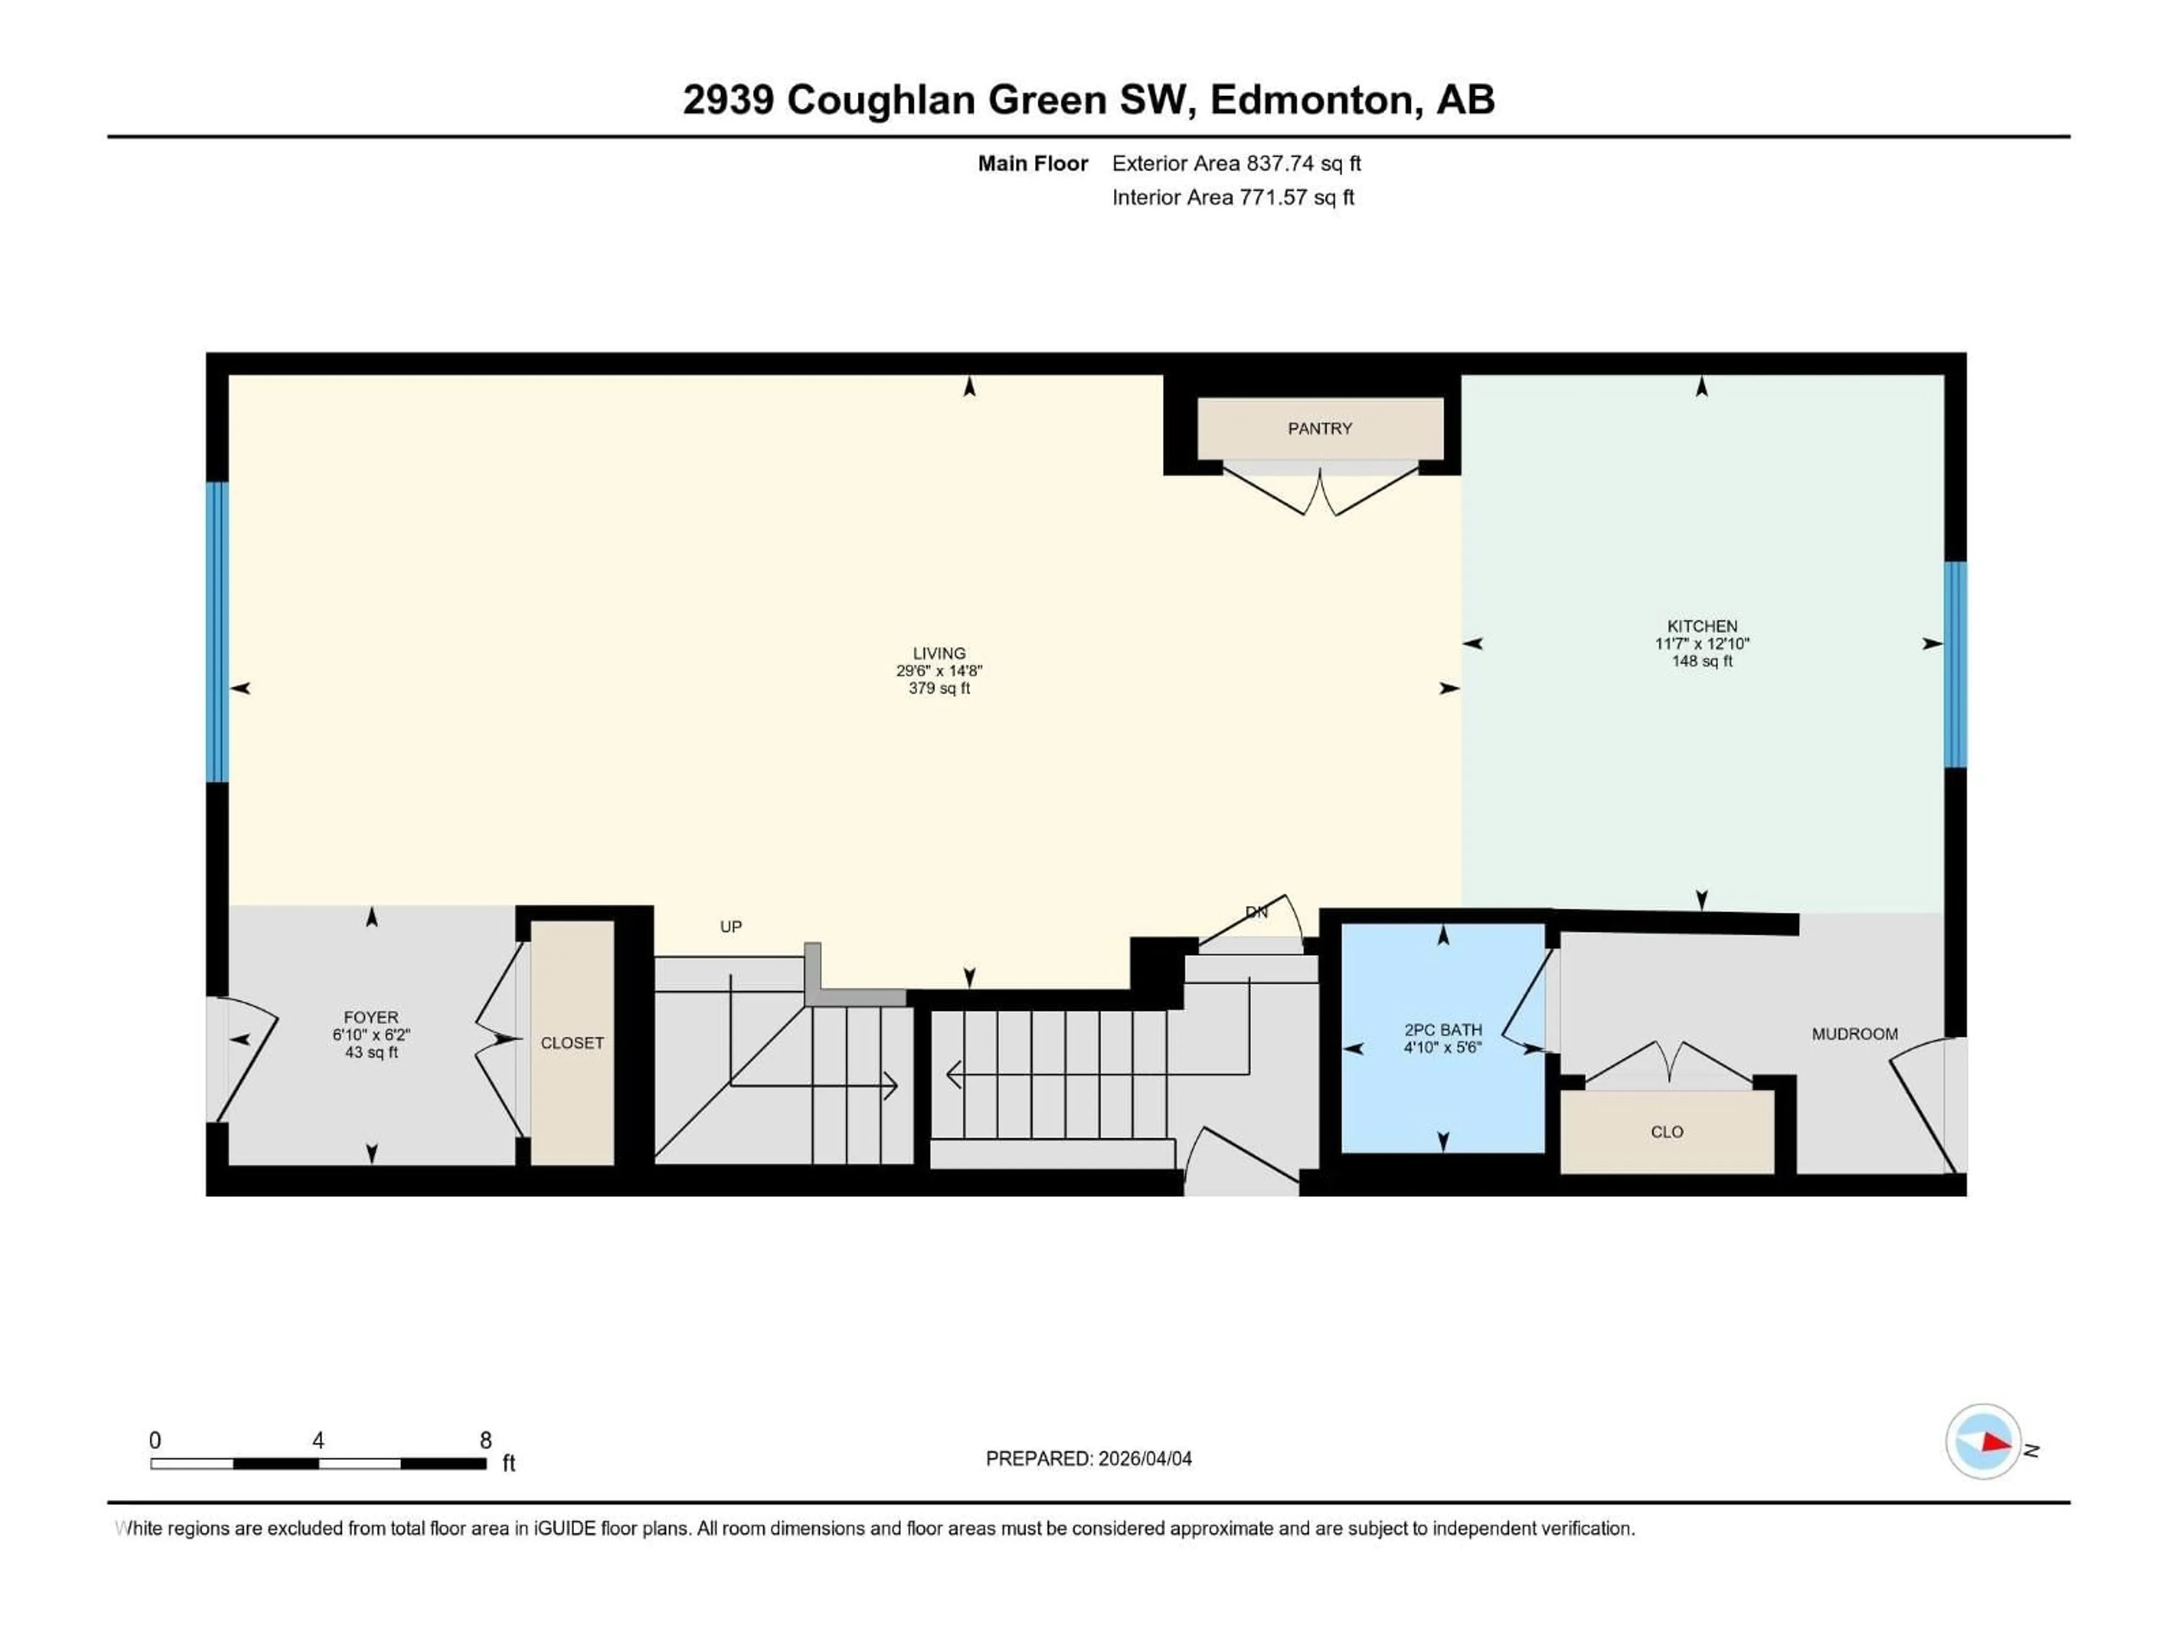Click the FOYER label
(x=371, y=1017)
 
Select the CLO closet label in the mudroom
(x=1667, y=1133)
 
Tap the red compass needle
(x=1995, y=1443)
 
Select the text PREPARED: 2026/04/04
(x=1088, y=1458)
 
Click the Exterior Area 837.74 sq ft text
(x=1236, y=163)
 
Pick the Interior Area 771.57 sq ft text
(x=1232, y=197)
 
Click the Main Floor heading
(x=1032, y=163)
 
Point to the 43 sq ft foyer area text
(x=371, y=1053)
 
